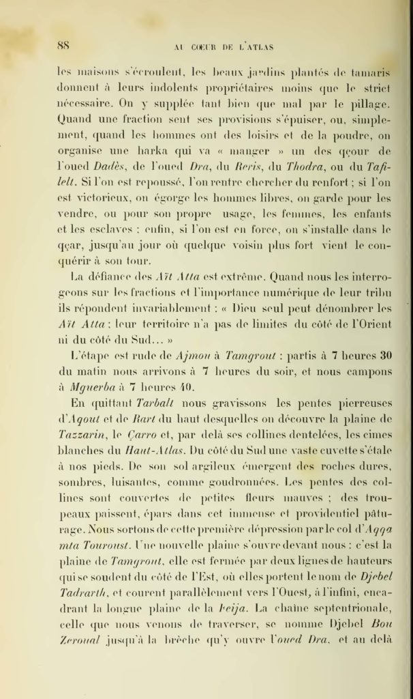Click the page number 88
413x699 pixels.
pyautogui.click(x=65, y=46)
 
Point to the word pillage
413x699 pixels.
pyautogui.click(x=369, y=104)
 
